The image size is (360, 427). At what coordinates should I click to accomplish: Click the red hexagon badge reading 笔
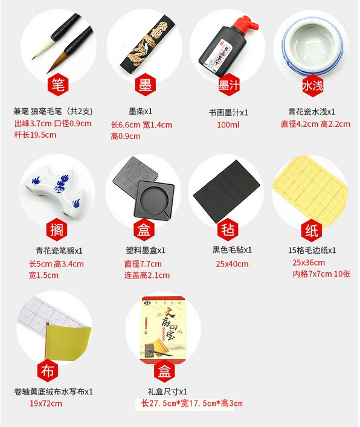58,85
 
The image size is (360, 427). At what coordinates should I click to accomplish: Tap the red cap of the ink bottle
246,24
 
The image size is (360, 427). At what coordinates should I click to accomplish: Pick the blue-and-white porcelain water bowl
312,47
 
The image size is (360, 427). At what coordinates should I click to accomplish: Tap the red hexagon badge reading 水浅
313,86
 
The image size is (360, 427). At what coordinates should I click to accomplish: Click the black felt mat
227,191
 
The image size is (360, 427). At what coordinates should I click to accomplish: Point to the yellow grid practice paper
310,188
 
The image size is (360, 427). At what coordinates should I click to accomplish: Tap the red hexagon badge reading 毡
228,230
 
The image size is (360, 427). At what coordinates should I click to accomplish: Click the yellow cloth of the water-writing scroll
68,342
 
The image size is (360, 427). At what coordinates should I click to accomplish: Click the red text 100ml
228,125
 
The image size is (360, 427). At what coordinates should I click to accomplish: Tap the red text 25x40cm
232,264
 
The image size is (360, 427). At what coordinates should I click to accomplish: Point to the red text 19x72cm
46,403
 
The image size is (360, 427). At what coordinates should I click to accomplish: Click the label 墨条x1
141,111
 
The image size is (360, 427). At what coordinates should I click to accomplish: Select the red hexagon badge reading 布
48,370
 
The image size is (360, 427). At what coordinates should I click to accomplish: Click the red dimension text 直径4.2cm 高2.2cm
316,124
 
